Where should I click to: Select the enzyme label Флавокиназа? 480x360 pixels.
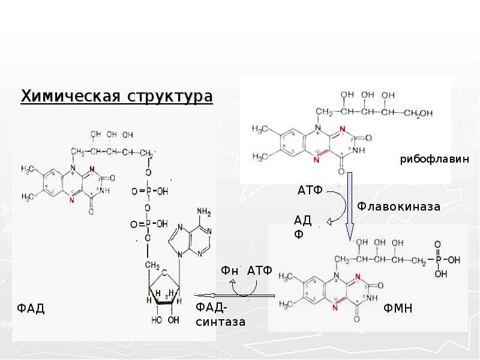click(399, 206)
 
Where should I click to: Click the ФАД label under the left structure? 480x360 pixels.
click(31, 309)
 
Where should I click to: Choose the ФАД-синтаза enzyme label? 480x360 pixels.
click(220, 315)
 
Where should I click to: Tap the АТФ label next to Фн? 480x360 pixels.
click(260, 271)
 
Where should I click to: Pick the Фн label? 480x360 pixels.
click(230, 271)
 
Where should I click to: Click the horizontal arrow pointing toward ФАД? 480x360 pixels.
click(234, 295)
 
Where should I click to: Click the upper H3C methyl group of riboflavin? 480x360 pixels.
click(260, 129)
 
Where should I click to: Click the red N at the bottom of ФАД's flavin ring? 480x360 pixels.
click(72, 200)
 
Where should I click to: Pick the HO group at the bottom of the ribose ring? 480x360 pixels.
click(156, 320)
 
